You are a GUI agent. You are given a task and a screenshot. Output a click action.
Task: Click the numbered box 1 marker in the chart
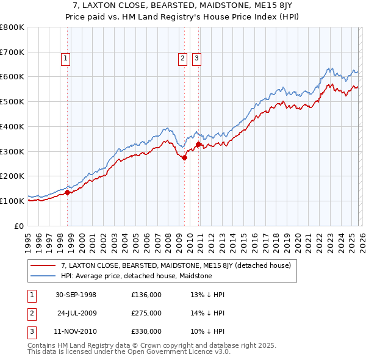[x=65, y=59]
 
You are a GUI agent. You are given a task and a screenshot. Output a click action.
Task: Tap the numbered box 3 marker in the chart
[x=196, y=59]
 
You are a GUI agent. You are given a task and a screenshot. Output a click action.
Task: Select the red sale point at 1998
[x=68, y=192]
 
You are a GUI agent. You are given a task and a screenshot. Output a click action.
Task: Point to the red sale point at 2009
[x=185, y=157]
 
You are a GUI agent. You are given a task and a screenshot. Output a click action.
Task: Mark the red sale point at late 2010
[x=199, y=144]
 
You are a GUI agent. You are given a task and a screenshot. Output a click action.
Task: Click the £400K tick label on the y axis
[x=12, y=126]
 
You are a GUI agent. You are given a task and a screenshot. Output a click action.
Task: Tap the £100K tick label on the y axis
[x=12, y=201]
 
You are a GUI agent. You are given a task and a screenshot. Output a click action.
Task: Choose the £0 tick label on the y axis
[x=20, y=226]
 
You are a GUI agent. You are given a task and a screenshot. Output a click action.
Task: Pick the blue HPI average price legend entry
[x=136, y=276]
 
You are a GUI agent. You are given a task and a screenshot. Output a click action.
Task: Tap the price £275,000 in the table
[x=146, y=313]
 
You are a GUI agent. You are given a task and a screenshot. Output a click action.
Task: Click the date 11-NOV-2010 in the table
[x=76, y=331]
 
